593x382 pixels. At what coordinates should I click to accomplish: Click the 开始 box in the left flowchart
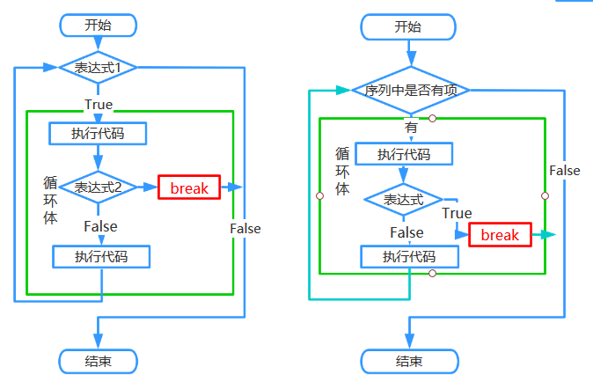point(98,25)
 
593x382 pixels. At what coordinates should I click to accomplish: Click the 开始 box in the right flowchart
point(408,27)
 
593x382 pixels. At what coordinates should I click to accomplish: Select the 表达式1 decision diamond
point(98,66)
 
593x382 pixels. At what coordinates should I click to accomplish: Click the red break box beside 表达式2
point(189,187)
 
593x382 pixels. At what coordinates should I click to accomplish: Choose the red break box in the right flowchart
point(500,235)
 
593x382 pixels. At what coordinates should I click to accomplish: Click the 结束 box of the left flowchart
point(98,360)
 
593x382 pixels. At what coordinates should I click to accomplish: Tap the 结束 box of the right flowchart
point(408,361)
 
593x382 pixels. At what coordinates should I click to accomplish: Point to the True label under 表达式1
point(99,105)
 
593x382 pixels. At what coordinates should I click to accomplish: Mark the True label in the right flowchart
point(457,213)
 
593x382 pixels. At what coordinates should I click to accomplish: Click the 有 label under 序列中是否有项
point(411,127)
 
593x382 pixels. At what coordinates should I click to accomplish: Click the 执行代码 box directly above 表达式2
point(97,134)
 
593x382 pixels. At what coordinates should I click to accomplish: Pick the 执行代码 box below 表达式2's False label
point(101,257)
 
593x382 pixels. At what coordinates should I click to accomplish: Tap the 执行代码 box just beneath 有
point(404,154)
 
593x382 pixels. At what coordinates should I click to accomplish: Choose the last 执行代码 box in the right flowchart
point(409,256)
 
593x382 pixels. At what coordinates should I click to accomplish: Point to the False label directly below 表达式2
point(100,226)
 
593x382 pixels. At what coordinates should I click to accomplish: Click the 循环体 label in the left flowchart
point(50,200)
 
